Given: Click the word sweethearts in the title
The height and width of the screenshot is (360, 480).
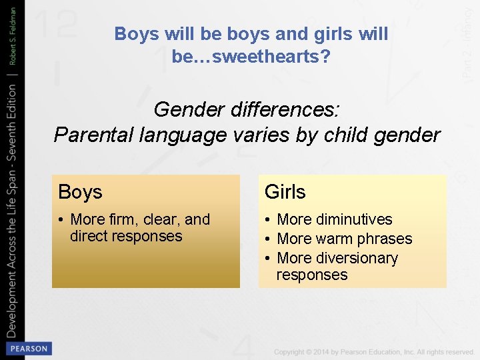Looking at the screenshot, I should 257,57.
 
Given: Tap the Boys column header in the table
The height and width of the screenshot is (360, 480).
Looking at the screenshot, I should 80,192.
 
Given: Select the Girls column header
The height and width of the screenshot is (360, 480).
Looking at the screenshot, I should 285,192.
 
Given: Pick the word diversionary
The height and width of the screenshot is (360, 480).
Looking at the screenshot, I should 356,258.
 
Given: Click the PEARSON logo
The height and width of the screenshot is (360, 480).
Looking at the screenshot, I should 28,349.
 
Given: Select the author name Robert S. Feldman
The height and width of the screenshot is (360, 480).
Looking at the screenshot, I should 12,37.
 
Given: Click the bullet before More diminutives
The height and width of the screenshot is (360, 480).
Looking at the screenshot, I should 267,219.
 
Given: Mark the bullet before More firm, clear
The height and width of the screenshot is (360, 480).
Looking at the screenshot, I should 61,219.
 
